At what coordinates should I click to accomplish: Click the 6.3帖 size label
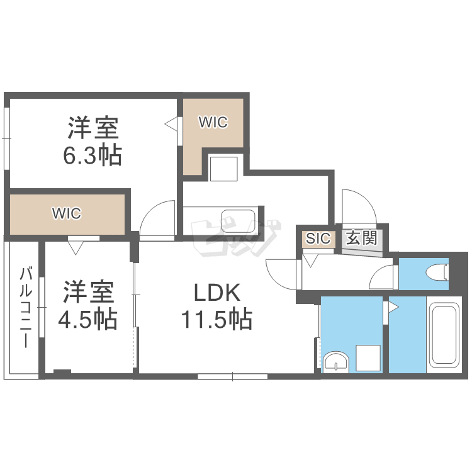(92, 155)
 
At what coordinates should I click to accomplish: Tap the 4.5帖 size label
(88, 320)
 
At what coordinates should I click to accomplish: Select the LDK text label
(216, 293)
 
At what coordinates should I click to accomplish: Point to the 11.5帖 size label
(216, 320)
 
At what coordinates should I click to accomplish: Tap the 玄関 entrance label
(361, 239)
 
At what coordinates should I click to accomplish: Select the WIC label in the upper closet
(213, 123)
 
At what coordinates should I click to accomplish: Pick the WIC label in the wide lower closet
(66, 213)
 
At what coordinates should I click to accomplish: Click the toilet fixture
(437, 273)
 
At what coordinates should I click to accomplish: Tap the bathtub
(444, 335)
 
